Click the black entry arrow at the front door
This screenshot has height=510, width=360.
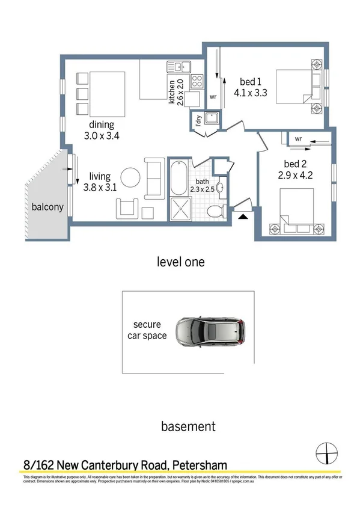[x=243, y=216]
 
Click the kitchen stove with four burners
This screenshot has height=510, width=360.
[x=198, y=79]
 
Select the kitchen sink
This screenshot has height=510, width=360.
[x=178, y=66]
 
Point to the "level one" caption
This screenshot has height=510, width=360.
[x=180, y=262]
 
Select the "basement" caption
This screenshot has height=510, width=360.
[x=188, y=426]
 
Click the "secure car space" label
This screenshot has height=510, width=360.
[x=147, y=330]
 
